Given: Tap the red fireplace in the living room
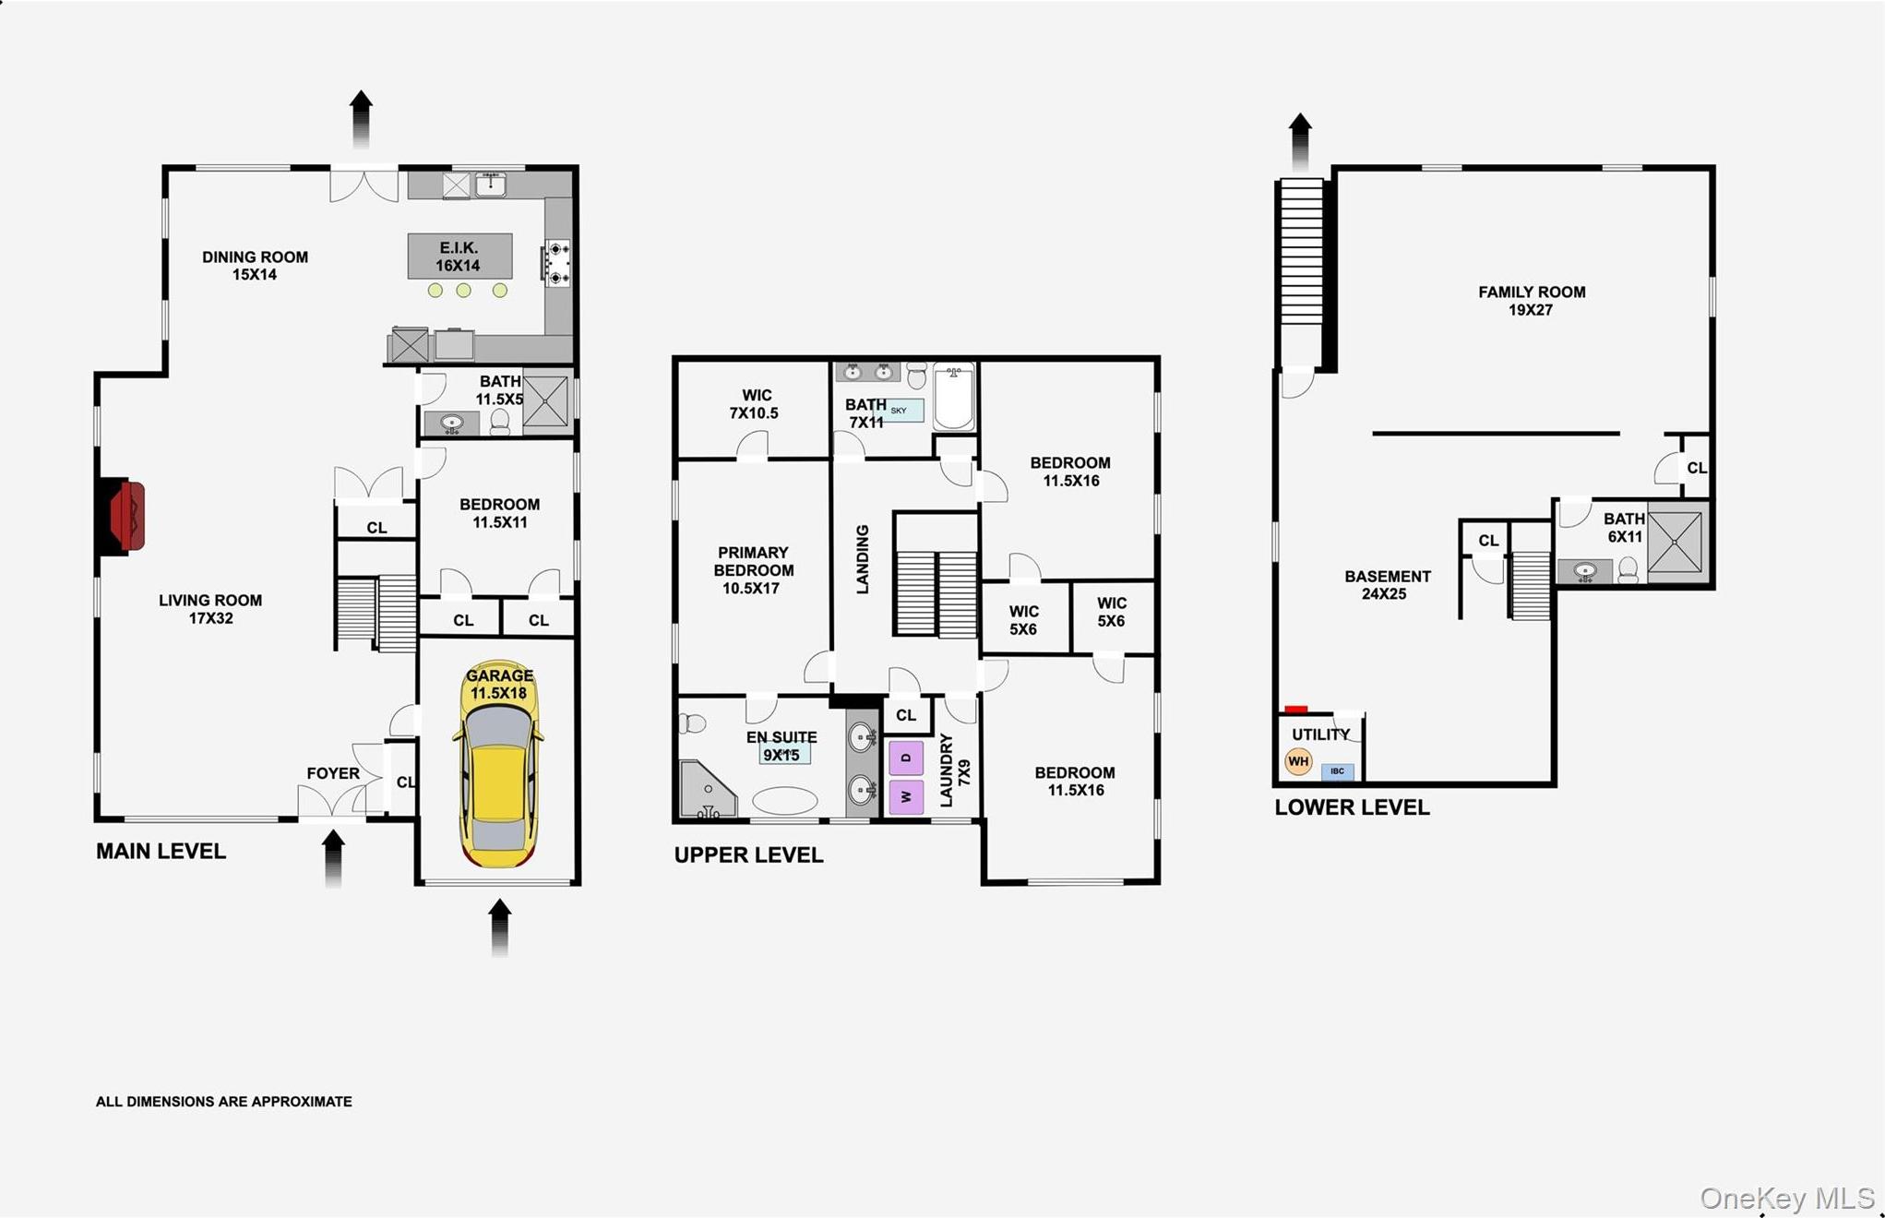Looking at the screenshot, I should [x=127, y=517].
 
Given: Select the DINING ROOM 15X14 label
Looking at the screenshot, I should [x=255, y=266].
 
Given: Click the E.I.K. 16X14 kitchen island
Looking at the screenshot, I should [x=459, y=257].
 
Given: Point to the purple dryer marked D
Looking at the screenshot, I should [x=905, y=758].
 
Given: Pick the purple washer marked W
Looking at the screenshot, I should [x=905, y=796].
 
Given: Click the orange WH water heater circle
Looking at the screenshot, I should [x=1298, y=761].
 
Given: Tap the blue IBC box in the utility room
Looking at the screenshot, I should [x=1337, y=771].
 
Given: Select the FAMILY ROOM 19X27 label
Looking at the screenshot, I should [x=1531, y=301].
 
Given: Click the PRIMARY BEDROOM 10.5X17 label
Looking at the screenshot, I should [x=752, y=570].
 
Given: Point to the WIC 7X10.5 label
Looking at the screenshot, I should [x=755, y=404].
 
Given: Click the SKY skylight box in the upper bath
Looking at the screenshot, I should [x=901, y=411].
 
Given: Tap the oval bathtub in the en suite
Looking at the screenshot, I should [x=784, y=800].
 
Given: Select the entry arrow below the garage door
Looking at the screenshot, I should [x=499, y=926].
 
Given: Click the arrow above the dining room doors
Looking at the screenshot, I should [x=362, y=118].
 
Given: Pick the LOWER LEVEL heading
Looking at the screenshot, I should [x=1352, y=807].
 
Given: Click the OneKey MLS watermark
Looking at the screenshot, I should [x=1786, y=1198].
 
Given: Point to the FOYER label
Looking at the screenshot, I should [x=333, y=773].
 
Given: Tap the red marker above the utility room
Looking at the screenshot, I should [x=1295, y=710].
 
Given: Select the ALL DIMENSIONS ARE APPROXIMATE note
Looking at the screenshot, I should [x=224, y=1102].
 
